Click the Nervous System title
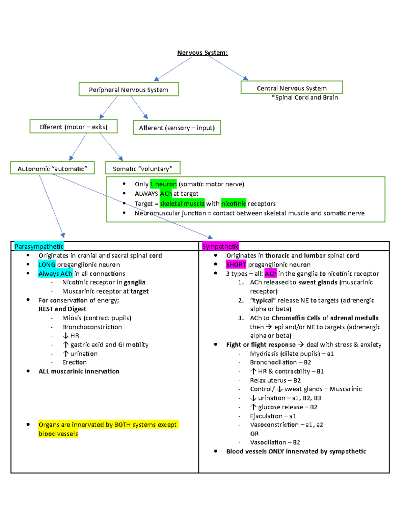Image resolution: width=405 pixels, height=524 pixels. tap(202, 53)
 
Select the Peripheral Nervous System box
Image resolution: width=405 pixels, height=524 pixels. tap(129, 89)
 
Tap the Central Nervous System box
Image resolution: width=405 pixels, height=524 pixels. tap(292, 88)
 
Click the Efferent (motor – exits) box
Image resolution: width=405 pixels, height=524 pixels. tap(74, 127)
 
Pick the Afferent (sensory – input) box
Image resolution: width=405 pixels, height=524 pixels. tap(177, 128)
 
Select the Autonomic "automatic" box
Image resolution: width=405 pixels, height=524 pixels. tap(52, 168)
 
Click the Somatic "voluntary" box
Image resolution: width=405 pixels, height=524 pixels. tap(142, 168)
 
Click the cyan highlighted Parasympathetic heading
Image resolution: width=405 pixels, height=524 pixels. tap(39, 246)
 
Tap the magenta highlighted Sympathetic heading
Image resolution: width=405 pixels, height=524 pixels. tap(220, 246)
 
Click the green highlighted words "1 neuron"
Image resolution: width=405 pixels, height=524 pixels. tap(163, 184)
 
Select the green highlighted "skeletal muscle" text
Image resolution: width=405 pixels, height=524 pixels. tap(182, 203)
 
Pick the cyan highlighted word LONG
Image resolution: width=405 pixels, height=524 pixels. tap(47, 265)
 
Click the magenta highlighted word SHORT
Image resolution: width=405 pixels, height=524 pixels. tap(236, 265)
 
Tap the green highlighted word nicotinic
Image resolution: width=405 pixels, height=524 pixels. tap(234, 203)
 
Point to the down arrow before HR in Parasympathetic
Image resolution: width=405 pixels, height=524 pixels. tap(65, 336)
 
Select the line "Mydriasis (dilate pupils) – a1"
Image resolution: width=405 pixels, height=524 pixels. tap(292, 354)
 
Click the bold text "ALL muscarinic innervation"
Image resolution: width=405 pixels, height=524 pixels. tap(79, 371)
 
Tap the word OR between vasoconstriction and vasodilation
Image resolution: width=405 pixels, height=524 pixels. tap(254, 434)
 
